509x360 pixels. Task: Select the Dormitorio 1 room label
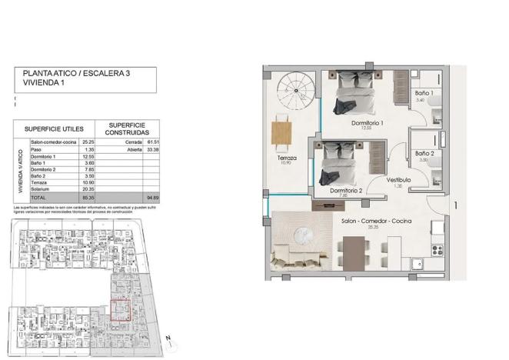367,123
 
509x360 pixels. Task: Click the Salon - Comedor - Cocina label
376,221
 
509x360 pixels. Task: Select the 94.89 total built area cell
152,197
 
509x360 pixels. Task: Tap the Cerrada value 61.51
152,142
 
